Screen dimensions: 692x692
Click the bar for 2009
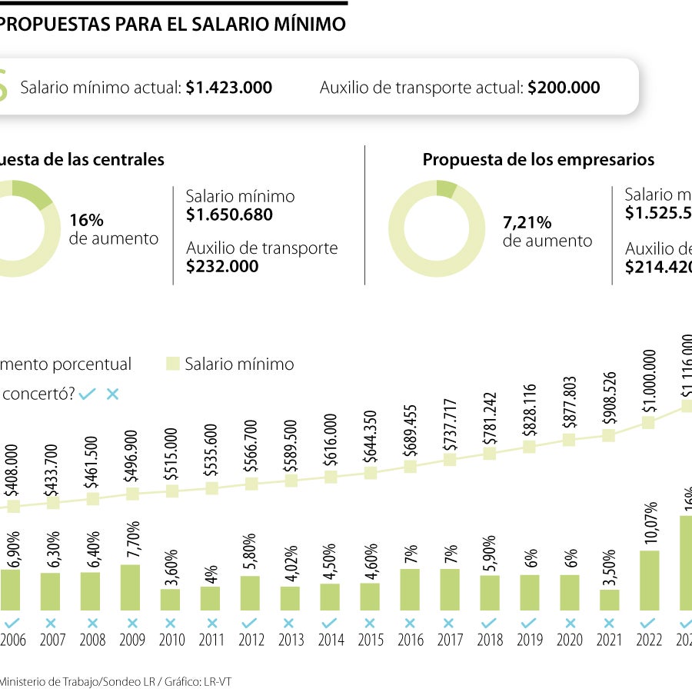point(131,587)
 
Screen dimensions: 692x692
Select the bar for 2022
point(649,581)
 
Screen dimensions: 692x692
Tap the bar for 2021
point(609,600)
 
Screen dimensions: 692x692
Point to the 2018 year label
point(489,640)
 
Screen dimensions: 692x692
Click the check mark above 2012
point(250,623)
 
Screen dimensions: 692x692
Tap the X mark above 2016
point(410,623)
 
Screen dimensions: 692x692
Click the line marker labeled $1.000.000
point(649,422)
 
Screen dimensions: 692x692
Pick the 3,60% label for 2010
point(171,567)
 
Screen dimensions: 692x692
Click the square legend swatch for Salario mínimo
point(173,364)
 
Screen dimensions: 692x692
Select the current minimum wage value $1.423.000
point(228,88)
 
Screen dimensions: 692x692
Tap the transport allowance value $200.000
point(563,88)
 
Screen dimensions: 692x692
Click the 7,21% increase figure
point(527,223)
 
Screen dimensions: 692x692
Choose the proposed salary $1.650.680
point(229,215)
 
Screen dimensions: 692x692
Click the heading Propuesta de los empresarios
point(538,160)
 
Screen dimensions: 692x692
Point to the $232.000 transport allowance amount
point(222,266)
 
